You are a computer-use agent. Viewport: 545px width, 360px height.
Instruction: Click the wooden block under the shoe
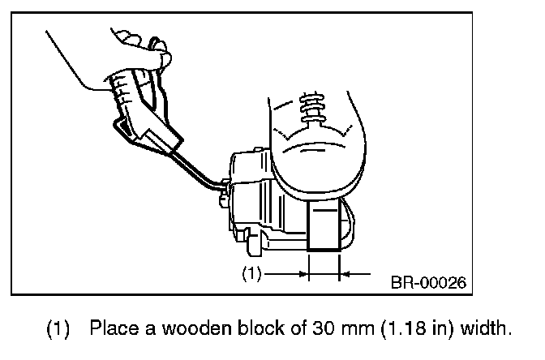click(x=324, y=227)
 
